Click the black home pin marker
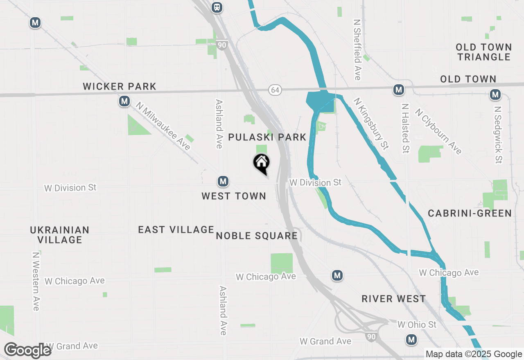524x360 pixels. click(x=261, y=163)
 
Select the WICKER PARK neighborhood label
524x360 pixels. click(x=120, y=87)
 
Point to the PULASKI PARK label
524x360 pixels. click(x=267, y=137)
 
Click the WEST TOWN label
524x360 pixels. click(x=234, y=196)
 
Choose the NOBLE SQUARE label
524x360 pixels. click(x=257, y=236)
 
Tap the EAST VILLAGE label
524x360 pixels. click(x=176, y=229)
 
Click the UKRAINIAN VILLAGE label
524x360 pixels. click(x=60, y=235)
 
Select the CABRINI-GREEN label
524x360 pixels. click(x=470, y=213)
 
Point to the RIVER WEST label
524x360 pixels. click(x=394, y=299)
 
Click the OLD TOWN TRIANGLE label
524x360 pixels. click(x=483, y=52)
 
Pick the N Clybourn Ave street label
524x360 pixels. click(x=438, y=131)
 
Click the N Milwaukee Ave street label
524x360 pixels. click(x=164, y=126)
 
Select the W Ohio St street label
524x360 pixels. click(x=417, y=325)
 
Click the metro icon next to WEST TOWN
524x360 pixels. click(x=223, y=181)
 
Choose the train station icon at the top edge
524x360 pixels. click(x=217, y=7)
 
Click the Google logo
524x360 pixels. click(x=28, y=351)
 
